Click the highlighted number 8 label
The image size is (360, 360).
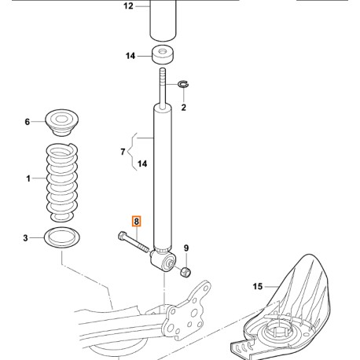pyautogui.click(x=137, y=222)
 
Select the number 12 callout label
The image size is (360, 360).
pyautogui.click(x=129, y=7)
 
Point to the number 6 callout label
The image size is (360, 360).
pyautogui.click(x=27, y=122)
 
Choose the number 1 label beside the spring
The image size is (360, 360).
pyautogui.click(x=27, y=179)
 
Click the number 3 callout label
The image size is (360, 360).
pyautogui.click(x=27, y=237)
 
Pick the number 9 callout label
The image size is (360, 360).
pyautogui.click(x=186, y=249)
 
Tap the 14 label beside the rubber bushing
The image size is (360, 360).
pyautogui.click(x=130, y=56)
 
